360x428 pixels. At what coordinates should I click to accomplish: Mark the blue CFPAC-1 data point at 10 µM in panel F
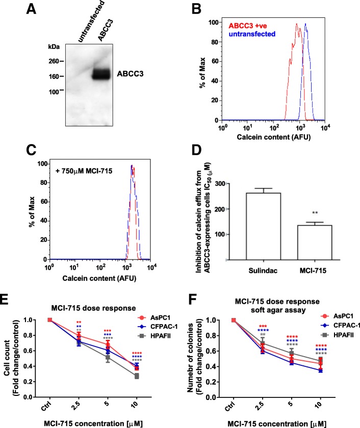[319, 374]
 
